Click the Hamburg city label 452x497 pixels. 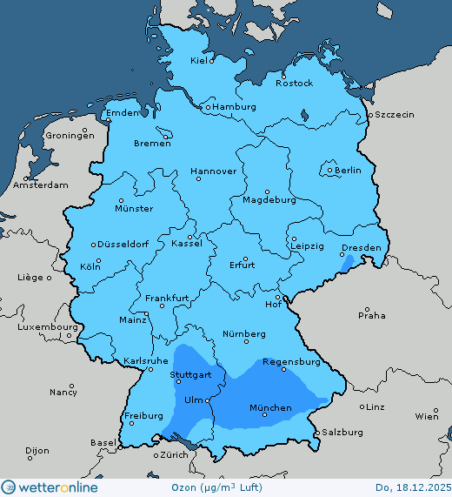click(x=235, y=107)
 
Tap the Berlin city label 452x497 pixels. click(x=348, y=171)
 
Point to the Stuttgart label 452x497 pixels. click(x=190, y=377)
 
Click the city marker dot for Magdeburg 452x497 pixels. click(x=267, y=191)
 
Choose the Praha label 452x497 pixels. click(x=371, y=315)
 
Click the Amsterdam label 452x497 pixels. click(x=41, y=185)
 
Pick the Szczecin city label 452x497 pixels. click(x=395, y=115)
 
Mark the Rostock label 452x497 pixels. click(x=294, y=83)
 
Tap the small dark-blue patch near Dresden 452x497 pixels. click(x=349, y=261)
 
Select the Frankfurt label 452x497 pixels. click(x=167, y=298)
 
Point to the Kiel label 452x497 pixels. click(x=201, y=61)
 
